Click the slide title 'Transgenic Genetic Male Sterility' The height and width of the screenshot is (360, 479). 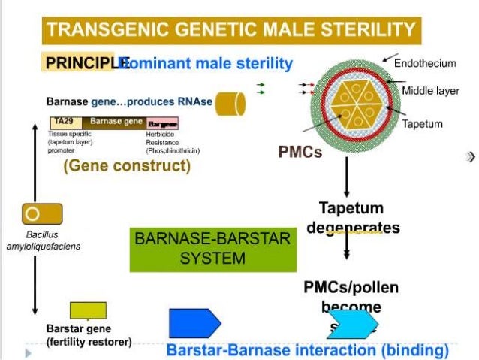coord(231,30)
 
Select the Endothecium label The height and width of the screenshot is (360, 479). coord(426,63)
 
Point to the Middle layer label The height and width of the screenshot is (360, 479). coord(430,91)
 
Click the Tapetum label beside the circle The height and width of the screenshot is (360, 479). coord(423,123)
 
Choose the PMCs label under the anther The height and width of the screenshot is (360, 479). coord(300,152)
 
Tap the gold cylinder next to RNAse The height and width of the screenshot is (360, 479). coord(230,104)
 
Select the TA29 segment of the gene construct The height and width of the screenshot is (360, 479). coord(62,121)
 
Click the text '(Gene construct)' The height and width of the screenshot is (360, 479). coord(127,165)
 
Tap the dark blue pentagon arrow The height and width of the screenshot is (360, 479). coord(194,323)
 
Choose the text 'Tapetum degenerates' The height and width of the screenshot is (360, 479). coord(351,216)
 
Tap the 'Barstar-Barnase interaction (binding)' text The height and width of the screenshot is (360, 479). coord(307,350)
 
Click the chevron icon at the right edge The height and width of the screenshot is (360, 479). coord(471,157)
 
